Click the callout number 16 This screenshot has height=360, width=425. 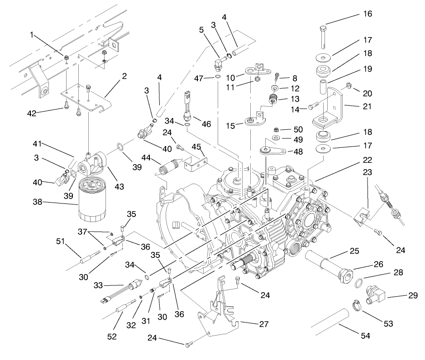(368, 14)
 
